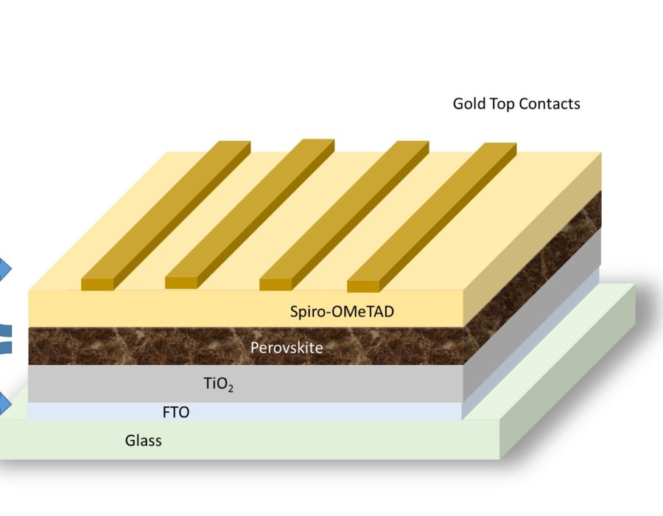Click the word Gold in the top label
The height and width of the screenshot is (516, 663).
point(469,104)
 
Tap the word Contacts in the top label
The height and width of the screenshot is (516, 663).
point(550,104)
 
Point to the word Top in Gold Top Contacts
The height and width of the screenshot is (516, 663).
point(502,104)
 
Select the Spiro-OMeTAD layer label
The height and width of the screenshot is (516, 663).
point(342,312)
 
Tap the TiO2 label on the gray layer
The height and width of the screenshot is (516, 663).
point(218,383)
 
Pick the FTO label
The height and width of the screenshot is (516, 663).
point(175,412)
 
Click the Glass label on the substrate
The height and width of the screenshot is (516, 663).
point(143,442)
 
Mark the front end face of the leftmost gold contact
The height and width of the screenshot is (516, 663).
point(96,284)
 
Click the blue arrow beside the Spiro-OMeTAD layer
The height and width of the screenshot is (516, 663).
point(4,269)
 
